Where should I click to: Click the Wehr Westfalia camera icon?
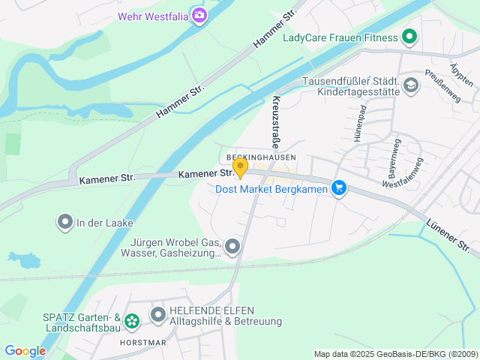[x=199, y=15]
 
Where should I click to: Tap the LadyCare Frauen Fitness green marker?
[x=409, y=35]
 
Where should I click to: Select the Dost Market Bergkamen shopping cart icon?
[x=340, y=187]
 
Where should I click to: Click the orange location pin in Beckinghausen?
[x=240, y=167]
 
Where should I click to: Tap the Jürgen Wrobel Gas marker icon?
[x=233, y=246]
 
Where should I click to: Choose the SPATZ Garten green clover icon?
[x=132, y=321]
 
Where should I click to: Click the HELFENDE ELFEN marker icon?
[x=158, y=315]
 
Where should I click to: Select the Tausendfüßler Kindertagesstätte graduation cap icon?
[x=410, y=85]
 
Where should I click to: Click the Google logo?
[x=25, y=350]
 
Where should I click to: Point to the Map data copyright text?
[x=395, y=354]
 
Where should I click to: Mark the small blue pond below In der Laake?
[x=23, y=260]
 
